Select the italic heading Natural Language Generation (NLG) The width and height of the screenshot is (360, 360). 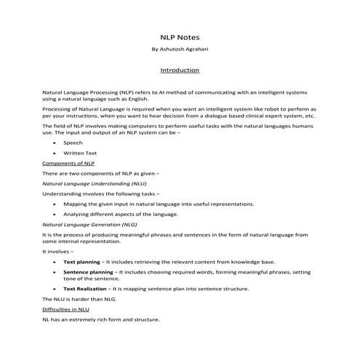[91, 225]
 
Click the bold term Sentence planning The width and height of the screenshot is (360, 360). [88, 271]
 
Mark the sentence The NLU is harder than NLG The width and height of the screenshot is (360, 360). [77, 300]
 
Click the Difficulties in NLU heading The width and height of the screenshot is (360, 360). [66, 309]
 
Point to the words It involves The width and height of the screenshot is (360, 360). [59, 250]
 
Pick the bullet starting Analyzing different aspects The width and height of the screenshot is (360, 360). [120, 215]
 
